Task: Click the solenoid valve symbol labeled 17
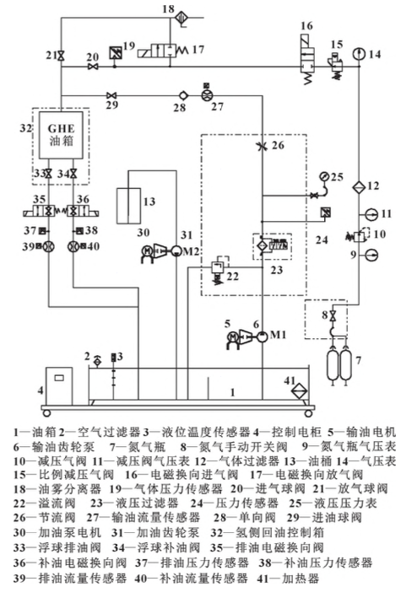[x=164, y=50]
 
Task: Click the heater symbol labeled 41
[x=297, y=390]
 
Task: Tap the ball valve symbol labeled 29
[x=110, y=94]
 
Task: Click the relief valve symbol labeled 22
[x=216, y=267]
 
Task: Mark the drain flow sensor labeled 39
[x=48, y=247]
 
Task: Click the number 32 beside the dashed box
[x=25, y=127]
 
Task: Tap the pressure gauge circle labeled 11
[x=357, y=213]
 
